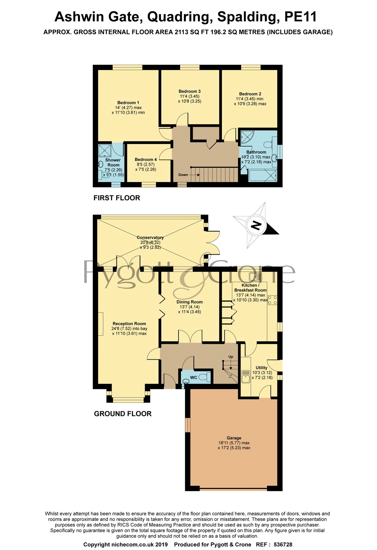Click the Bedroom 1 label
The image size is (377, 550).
[x=128, y=103]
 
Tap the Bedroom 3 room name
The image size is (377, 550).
[x=190, y=91]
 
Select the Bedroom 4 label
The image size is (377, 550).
[x=146, y=159]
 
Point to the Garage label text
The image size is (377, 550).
[x=234, y=438]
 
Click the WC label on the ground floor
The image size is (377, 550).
[x=194, y=378]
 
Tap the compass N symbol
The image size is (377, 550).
[x=256, y=226]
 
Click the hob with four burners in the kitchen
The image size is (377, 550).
[x=272, y=300]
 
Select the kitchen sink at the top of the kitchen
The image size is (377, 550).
[x=256, y=277]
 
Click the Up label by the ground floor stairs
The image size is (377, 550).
[x=231, y=357]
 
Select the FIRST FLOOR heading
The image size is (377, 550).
[x=117, y=198]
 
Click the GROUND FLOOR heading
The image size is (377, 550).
[x=123, y=414]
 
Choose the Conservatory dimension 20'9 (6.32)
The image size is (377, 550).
[x=150, y=242]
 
